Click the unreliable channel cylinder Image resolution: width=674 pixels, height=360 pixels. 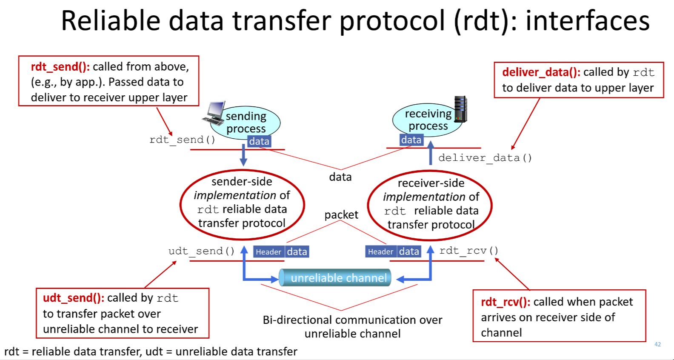tap(335, 278)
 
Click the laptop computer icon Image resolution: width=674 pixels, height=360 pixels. tap(214, 113)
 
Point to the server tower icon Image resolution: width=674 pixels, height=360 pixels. tap(460, 109)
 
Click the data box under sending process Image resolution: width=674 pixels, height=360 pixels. tap(259, 141)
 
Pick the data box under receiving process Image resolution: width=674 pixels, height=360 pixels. tap(411, 140)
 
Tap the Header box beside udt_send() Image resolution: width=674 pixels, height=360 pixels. tap(268, 252)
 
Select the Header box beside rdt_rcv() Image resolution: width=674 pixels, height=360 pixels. tap(381, 252)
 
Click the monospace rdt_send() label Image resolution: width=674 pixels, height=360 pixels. tap(182, 140)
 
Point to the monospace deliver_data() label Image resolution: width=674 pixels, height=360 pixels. tap(485, 158)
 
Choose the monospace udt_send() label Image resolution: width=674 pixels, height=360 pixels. tap(201, 251)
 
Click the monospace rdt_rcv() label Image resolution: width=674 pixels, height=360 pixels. tap(468, 251)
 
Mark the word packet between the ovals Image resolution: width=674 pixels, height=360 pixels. tap(341, 215)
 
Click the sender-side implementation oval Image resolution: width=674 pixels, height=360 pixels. tap(242, 203)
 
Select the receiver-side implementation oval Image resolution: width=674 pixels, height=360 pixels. tap(430, 205)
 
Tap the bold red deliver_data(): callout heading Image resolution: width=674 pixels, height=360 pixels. tap(541, 72)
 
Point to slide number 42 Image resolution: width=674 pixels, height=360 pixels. tap(657, 344)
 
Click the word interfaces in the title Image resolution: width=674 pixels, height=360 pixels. tap(588, 21)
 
